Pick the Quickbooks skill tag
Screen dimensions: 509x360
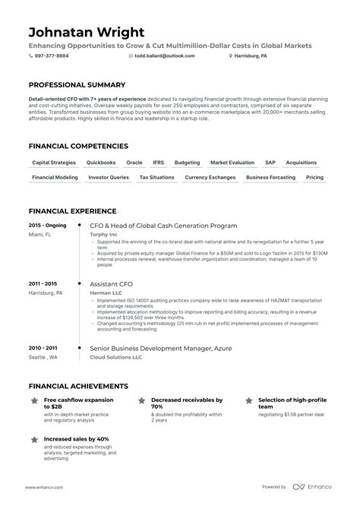101,163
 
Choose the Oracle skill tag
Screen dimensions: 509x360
134,163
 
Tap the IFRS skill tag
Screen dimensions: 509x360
158,163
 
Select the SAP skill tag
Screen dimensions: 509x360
270,163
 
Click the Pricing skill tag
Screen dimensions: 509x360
314,177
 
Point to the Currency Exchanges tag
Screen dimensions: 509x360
210,177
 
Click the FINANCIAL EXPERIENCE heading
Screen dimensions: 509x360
72,210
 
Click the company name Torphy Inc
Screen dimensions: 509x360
105,235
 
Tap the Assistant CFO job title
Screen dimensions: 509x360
112,284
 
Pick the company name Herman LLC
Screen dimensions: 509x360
106,293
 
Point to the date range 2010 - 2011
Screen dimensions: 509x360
43,349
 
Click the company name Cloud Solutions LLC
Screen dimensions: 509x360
116,357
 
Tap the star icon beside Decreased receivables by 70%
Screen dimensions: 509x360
141,400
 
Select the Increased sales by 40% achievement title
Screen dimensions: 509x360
77,439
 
